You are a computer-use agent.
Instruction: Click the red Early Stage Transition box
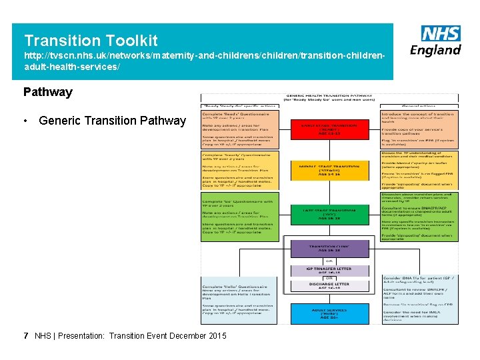[329, 128]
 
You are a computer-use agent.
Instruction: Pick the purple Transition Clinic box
[329, 249]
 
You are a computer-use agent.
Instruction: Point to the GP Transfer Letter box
[329, 271]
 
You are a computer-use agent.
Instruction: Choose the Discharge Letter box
[329, 286]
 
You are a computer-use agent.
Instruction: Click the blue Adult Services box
[329, 313]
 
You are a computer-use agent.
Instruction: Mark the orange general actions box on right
[419, 129]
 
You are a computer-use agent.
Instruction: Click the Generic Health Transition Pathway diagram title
[329, 98]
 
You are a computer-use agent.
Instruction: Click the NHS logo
[441, 34]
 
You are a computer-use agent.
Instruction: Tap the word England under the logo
[435, 50]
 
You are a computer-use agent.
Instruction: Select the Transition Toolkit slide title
[91, 41]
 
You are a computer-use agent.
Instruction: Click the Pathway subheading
[48, 92]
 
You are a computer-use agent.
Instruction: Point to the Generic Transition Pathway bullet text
[112, 121]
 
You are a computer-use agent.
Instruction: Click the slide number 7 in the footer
[25, 335]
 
